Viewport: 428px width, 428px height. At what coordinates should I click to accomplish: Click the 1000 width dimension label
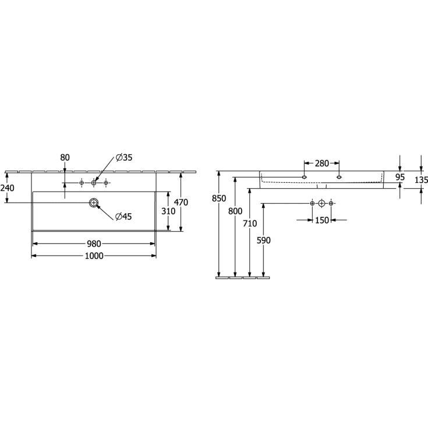pos(94,256)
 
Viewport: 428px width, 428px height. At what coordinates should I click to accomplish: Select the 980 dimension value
pos(94,244)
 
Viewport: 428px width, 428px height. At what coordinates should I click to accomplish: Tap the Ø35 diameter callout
pos(124,157)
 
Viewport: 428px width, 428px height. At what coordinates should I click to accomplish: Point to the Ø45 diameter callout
pos(123,217)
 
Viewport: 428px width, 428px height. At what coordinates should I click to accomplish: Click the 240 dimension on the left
pos(7,188)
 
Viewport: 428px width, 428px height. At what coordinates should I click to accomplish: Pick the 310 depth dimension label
pos(168,211)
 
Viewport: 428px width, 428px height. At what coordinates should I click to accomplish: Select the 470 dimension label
pos(182,202)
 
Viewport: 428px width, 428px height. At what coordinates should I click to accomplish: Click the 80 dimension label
pos(65,157)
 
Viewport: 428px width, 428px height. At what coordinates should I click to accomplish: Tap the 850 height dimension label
pos(219,198)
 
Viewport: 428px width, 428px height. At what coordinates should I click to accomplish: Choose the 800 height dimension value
pos(235,211)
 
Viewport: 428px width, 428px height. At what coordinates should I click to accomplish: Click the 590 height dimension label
pos(265,240)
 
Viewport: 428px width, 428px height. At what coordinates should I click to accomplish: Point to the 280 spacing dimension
pos(321,164)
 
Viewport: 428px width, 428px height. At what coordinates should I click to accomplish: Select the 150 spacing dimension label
pos(321,220)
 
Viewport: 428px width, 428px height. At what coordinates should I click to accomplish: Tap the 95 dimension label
pos(400,177)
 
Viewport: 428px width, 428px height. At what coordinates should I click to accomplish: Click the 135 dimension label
pos(421,180)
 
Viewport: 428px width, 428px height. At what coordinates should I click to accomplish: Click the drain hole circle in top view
pos(93,203)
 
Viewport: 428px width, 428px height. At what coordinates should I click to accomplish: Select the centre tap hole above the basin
pos(94,183)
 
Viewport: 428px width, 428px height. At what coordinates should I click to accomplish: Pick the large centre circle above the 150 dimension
pos(321,203)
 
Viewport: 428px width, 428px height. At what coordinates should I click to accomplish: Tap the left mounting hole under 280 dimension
pos(304,176)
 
